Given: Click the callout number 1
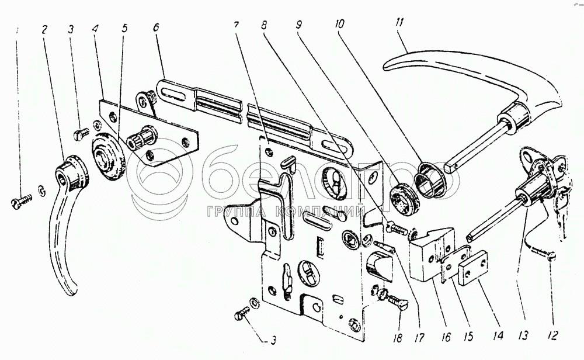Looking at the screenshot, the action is coord(16,30).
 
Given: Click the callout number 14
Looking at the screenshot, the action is coord(499,336).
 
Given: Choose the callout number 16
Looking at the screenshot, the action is coord(446,337).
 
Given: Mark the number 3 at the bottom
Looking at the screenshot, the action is coord(274,341).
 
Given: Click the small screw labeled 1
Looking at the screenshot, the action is coord(21,202).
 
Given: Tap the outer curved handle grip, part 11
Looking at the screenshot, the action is coord(473,82).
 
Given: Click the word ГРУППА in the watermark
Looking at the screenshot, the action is coord(238,212).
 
